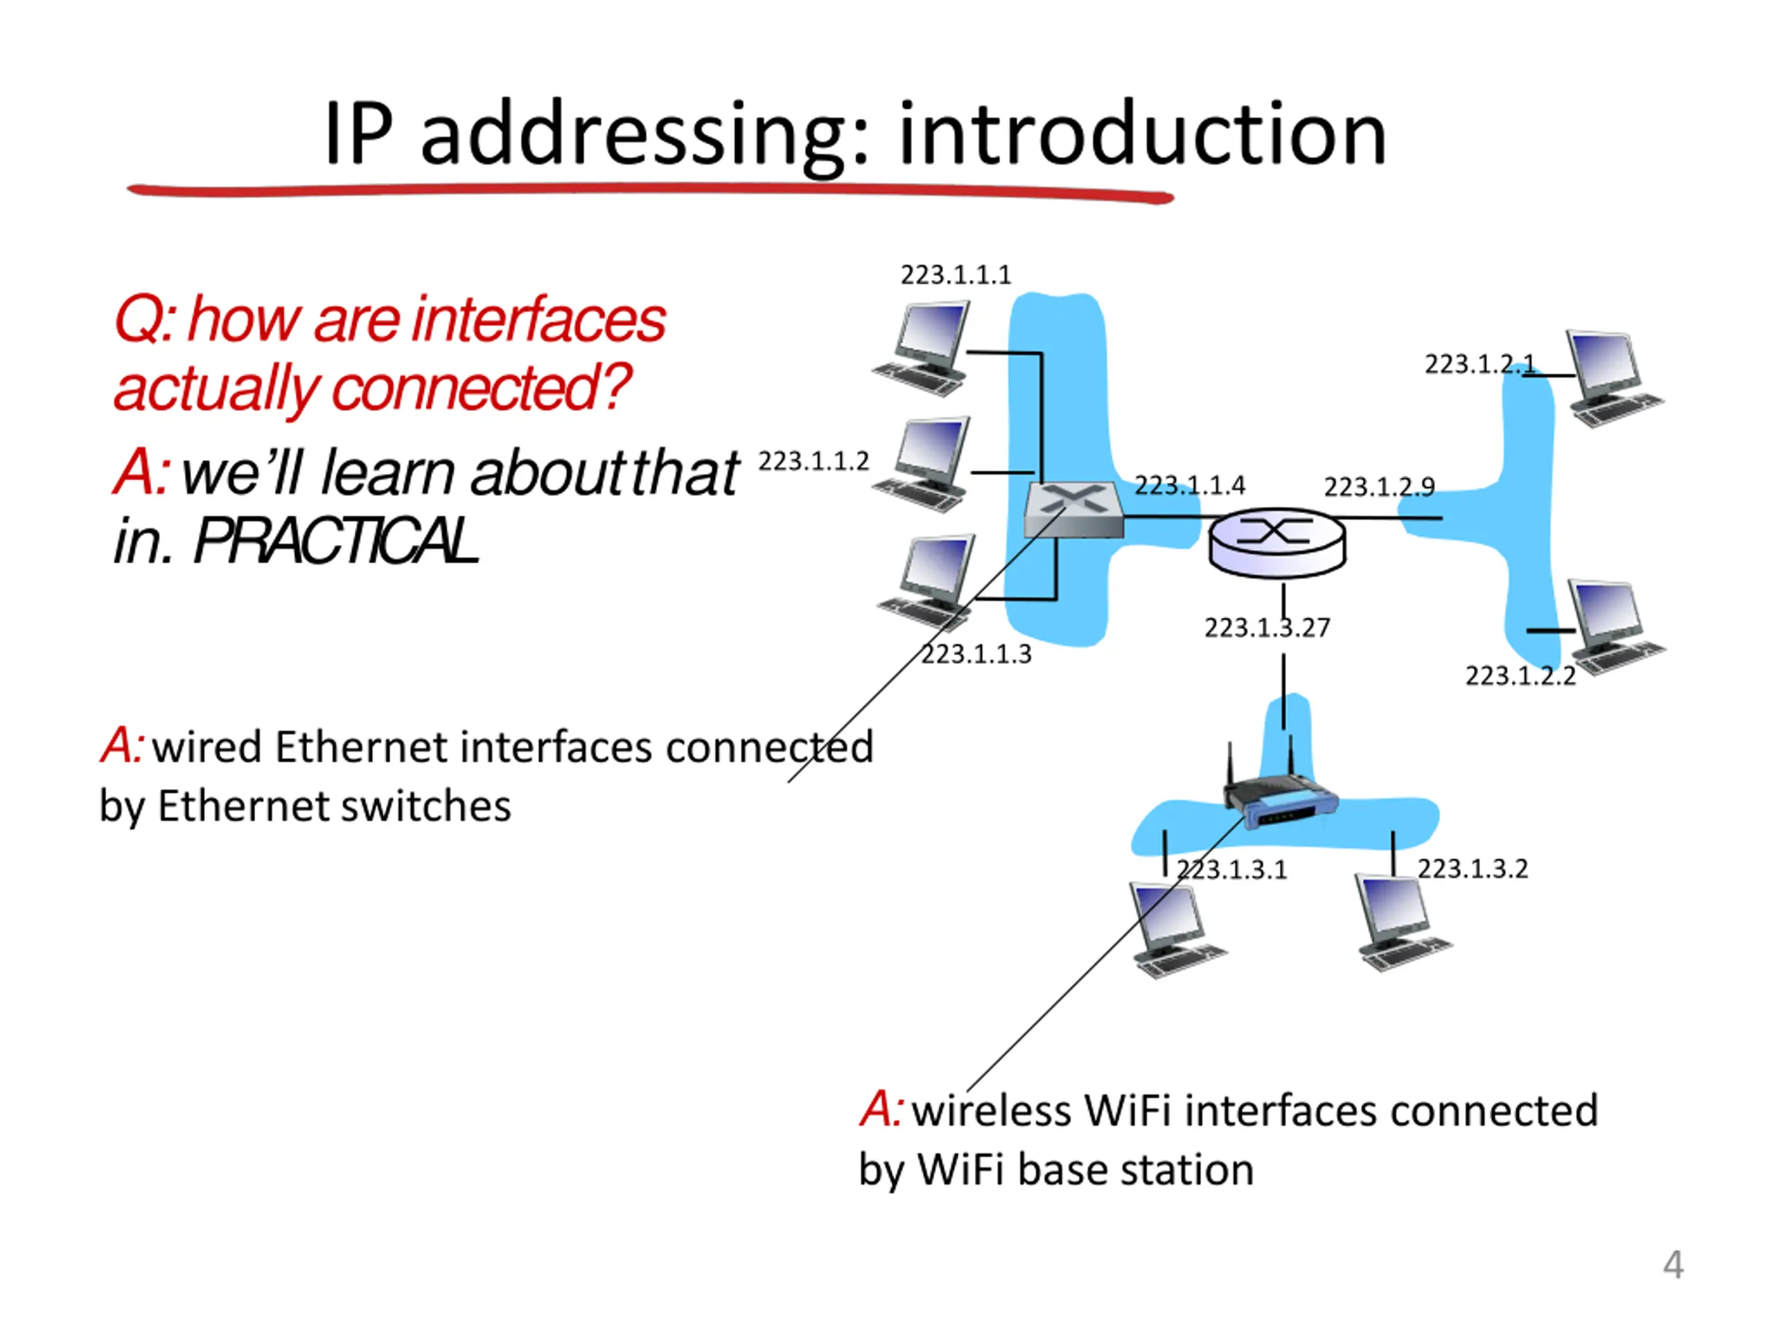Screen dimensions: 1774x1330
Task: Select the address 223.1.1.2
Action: pos(814,461)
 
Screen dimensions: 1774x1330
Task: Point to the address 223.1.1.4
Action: pos(1189,485)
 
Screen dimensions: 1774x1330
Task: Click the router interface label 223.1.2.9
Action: pos(1380,486)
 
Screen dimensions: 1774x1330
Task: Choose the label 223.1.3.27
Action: pos(1267,627)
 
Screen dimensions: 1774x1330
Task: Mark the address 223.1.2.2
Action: pos(1520,676)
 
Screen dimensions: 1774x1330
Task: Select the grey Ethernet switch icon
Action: pos(1074,510)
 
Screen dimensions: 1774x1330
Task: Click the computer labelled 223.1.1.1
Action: pos(922,348)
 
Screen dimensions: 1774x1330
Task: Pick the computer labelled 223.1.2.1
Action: pos(1613,378)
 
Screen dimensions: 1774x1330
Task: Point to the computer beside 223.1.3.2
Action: pos(1401,922)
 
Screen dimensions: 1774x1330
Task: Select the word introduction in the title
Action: pos(1142,133)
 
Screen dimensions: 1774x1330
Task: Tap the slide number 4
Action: pos(1673,1264)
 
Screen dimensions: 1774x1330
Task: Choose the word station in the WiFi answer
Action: pos(1187,1170)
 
